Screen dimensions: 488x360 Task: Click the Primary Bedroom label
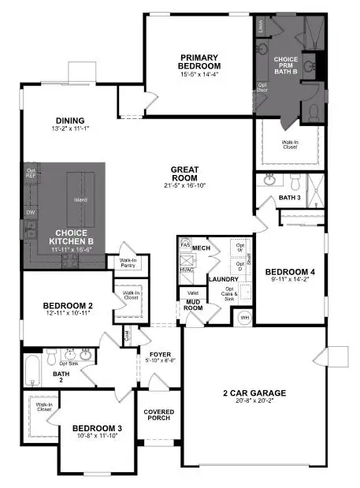199,61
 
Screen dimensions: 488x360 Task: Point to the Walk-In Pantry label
128,264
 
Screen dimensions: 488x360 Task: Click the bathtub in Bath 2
32,371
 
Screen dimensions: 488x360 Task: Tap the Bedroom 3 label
97,429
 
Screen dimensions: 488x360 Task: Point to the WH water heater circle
244,318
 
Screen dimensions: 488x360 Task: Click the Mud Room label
194,304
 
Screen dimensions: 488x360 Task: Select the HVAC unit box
187,269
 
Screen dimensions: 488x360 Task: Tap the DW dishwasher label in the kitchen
31,212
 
